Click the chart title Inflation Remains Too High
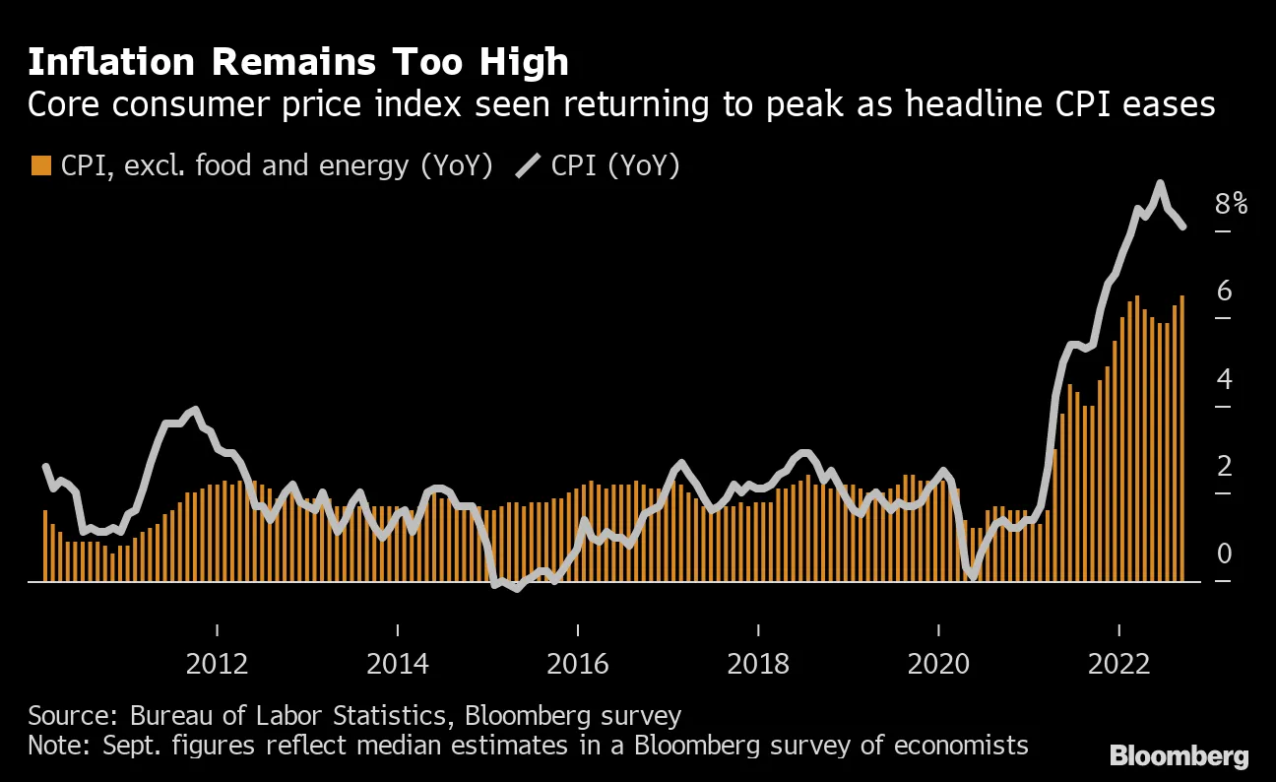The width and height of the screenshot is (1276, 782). pyautogui.click(x=298, y=62)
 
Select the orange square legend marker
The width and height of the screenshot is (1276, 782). pyautogui.click(x=40, y=165)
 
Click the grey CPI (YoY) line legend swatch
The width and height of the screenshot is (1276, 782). pyautogui.click(x=528, y=165)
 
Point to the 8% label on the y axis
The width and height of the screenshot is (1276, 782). pyautogui.click(x=1231, y=205)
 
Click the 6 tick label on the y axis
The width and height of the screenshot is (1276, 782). pyautogui.click(x=1224, y=292)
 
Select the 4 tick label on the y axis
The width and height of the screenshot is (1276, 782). pyautogui.click(x=1224, y=379)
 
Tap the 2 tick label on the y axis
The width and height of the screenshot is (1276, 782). pyautogui.click(x=1224, y=466)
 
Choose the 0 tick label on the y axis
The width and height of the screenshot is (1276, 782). pyautogui.click(x=1224, y=554)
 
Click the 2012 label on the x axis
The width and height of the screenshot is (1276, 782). pyautogui.click(x=217, y=663)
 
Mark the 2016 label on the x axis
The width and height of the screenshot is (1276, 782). pyautogui.click(x=578, y=663)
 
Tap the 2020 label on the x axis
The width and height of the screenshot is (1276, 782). pyautogui.click(x=938, y=663)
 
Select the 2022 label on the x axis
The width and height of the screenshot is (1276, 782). pyautogui.click(x=1119, y=663)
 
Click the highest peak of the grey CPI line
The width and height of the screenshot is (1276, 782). pyautogui.click(x=1160, y=183)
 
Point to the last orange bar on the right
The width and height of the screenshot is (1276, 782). pyautogui.click(x=1182, y=438)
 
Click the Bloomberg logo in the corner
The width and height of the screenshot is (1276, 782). pyautogui.click(x=1179, y=756)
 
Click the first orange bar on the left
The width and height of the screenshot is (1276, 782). pyautogui.click(x=45, y=547)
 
